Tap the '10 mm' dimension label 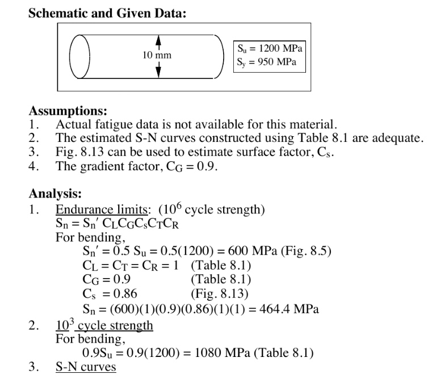(x=156, y=55)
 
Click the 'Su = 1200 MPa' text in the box (x=270, y=48)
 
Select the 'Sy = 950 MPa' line (x=267, y=62)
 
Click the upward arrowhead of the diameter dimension (x=159, y=39)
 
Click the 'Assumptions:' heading (x=68, y=111)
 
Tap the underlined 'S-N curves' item (x=85, y=367)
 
